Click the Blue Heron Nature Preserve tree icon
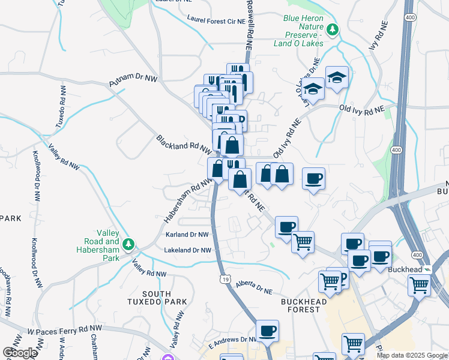(x=332, y=28)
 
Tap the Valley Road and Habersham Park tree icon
(x=128, y=244)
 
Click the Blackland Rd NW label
(x=183, y=143)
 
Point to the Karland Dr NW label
(x=187, y=235)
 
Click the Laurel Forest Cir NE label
(x=217, y=20)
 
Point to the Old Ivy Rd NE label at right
(x=361, y=109)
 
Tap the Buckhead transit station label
(x=406, y=269)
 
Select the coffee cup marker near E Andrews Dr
(x=267, y=330)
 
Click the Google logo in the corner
(x=20, y=353)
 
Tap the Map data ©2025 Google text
(x=411, y=355)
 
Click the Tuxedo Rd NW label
(x=61, y=106)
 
